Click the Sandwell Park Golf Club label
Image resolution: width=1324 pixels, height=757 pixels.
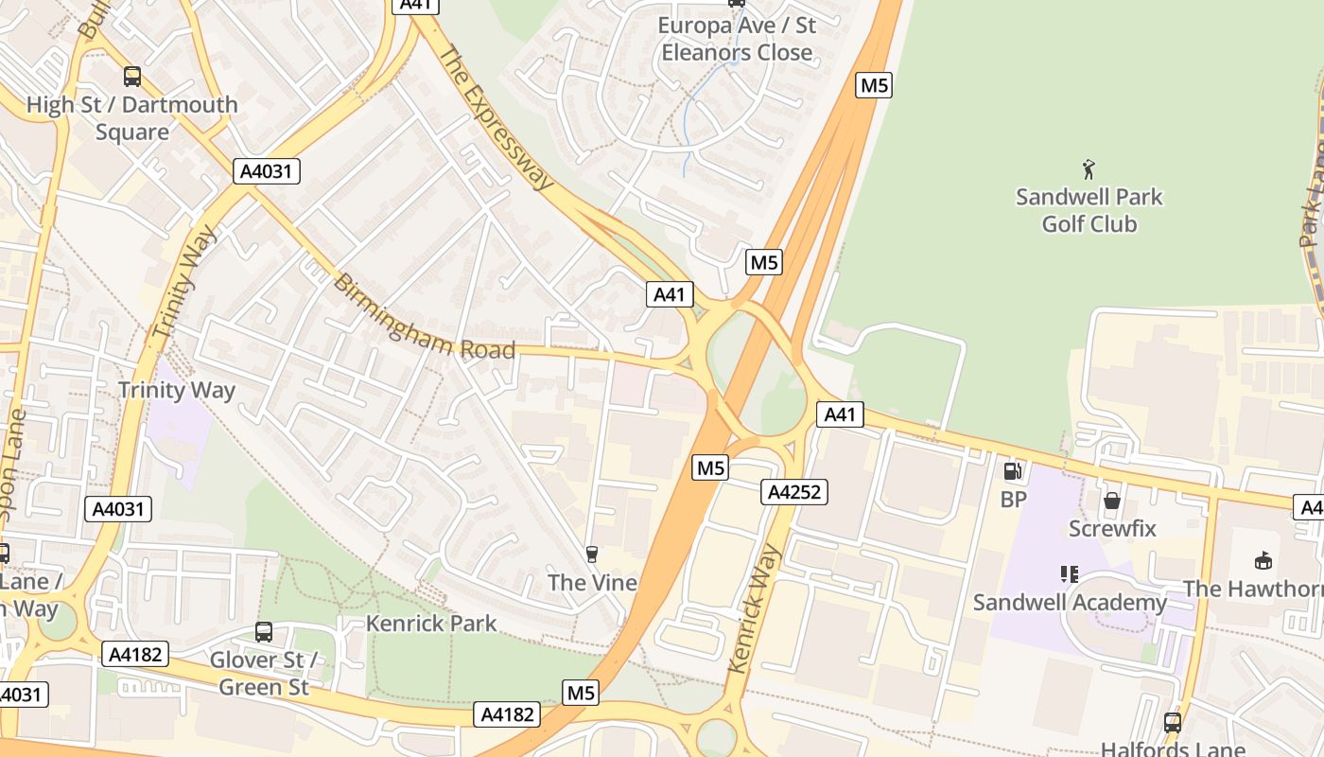(x=1089, y=210)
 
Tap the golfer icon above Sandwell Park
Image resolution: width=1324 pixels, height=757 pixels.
(x=1089, y=169)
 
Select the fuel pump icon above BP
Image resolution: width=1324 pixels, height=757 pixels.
(x=1012, y=470)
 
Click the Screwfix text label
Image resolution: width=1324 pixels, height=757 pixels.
(x=1112, y=528)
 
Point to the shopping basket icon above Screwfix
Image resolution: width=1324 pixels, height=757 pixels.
(x=1112, y=500)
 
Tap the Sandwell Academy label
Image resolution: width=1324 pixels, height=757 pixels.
(x=1070, y=603)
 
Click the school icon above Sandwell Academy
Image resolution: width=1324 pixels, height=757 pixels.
(x=1070, y=573)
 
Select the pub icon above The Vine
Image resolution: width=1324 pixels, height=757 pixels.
(x=592, y=554)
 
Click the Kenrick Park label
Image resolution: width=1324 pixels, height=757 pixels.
(x=431, y=624)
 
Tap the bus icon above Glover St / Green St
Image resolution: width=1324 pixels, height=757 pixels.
(x=264, y=631)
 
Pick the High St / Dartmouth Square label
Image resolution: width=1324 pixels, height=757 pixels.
(x=132, y=117)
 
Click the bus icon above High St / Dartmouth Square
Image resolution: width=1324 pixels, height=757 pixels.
(x=132, y=77)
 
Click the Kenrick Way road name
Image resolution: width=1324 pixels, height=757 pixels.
(x=755, y=607)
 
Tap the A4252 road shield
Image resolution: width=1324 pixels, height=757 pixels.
(x=794, y=492)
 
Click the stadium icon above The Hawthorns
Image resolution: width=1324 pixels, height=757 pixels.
(x=1263, y=560)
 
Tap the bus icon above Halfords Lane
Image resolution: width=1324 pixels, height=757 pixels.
(x=1173, y=723)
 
